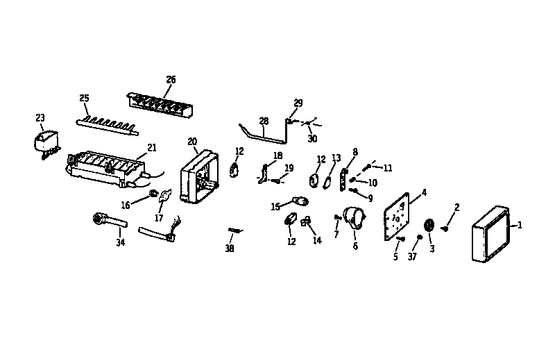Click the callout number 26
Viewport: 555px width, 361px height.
(x=171, y=79)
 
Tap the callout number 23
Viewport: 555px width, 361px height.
(x=40, y=117)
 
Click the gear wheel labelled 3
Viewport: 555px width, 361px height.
(x=429, y=225)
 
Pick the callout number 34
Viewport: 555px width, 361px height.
(x=121, y=242)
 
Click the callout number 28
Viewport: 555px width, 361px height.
(x=264, y=121)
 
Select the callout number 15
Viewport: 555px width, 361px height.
(x=275, y=206)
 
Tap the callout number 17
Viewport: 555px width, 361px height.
(x=159, y=217)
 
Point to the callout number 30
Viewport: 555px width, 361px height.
(x=311, y=138)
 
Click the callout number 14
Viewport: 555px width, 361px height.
(x=317, y=241)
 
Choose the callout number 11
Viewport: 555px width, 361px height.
(x=388, y=167)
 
